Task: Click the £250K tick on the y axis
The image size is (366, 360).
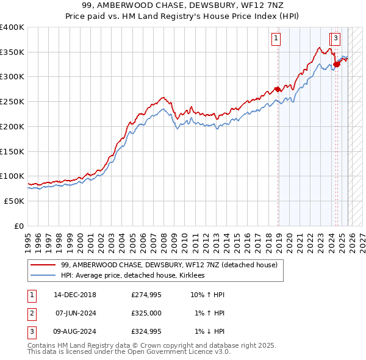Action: point(12,102)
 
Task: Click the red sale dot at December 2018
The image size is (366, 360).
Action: point(278,90)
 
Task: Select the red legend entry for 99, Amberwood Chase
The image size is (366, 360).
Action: point(169,265)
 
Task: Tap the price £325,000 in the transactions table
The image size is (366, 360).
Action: point(146,313)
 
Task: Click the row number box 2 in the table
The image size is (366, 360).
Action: point(31,313)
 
